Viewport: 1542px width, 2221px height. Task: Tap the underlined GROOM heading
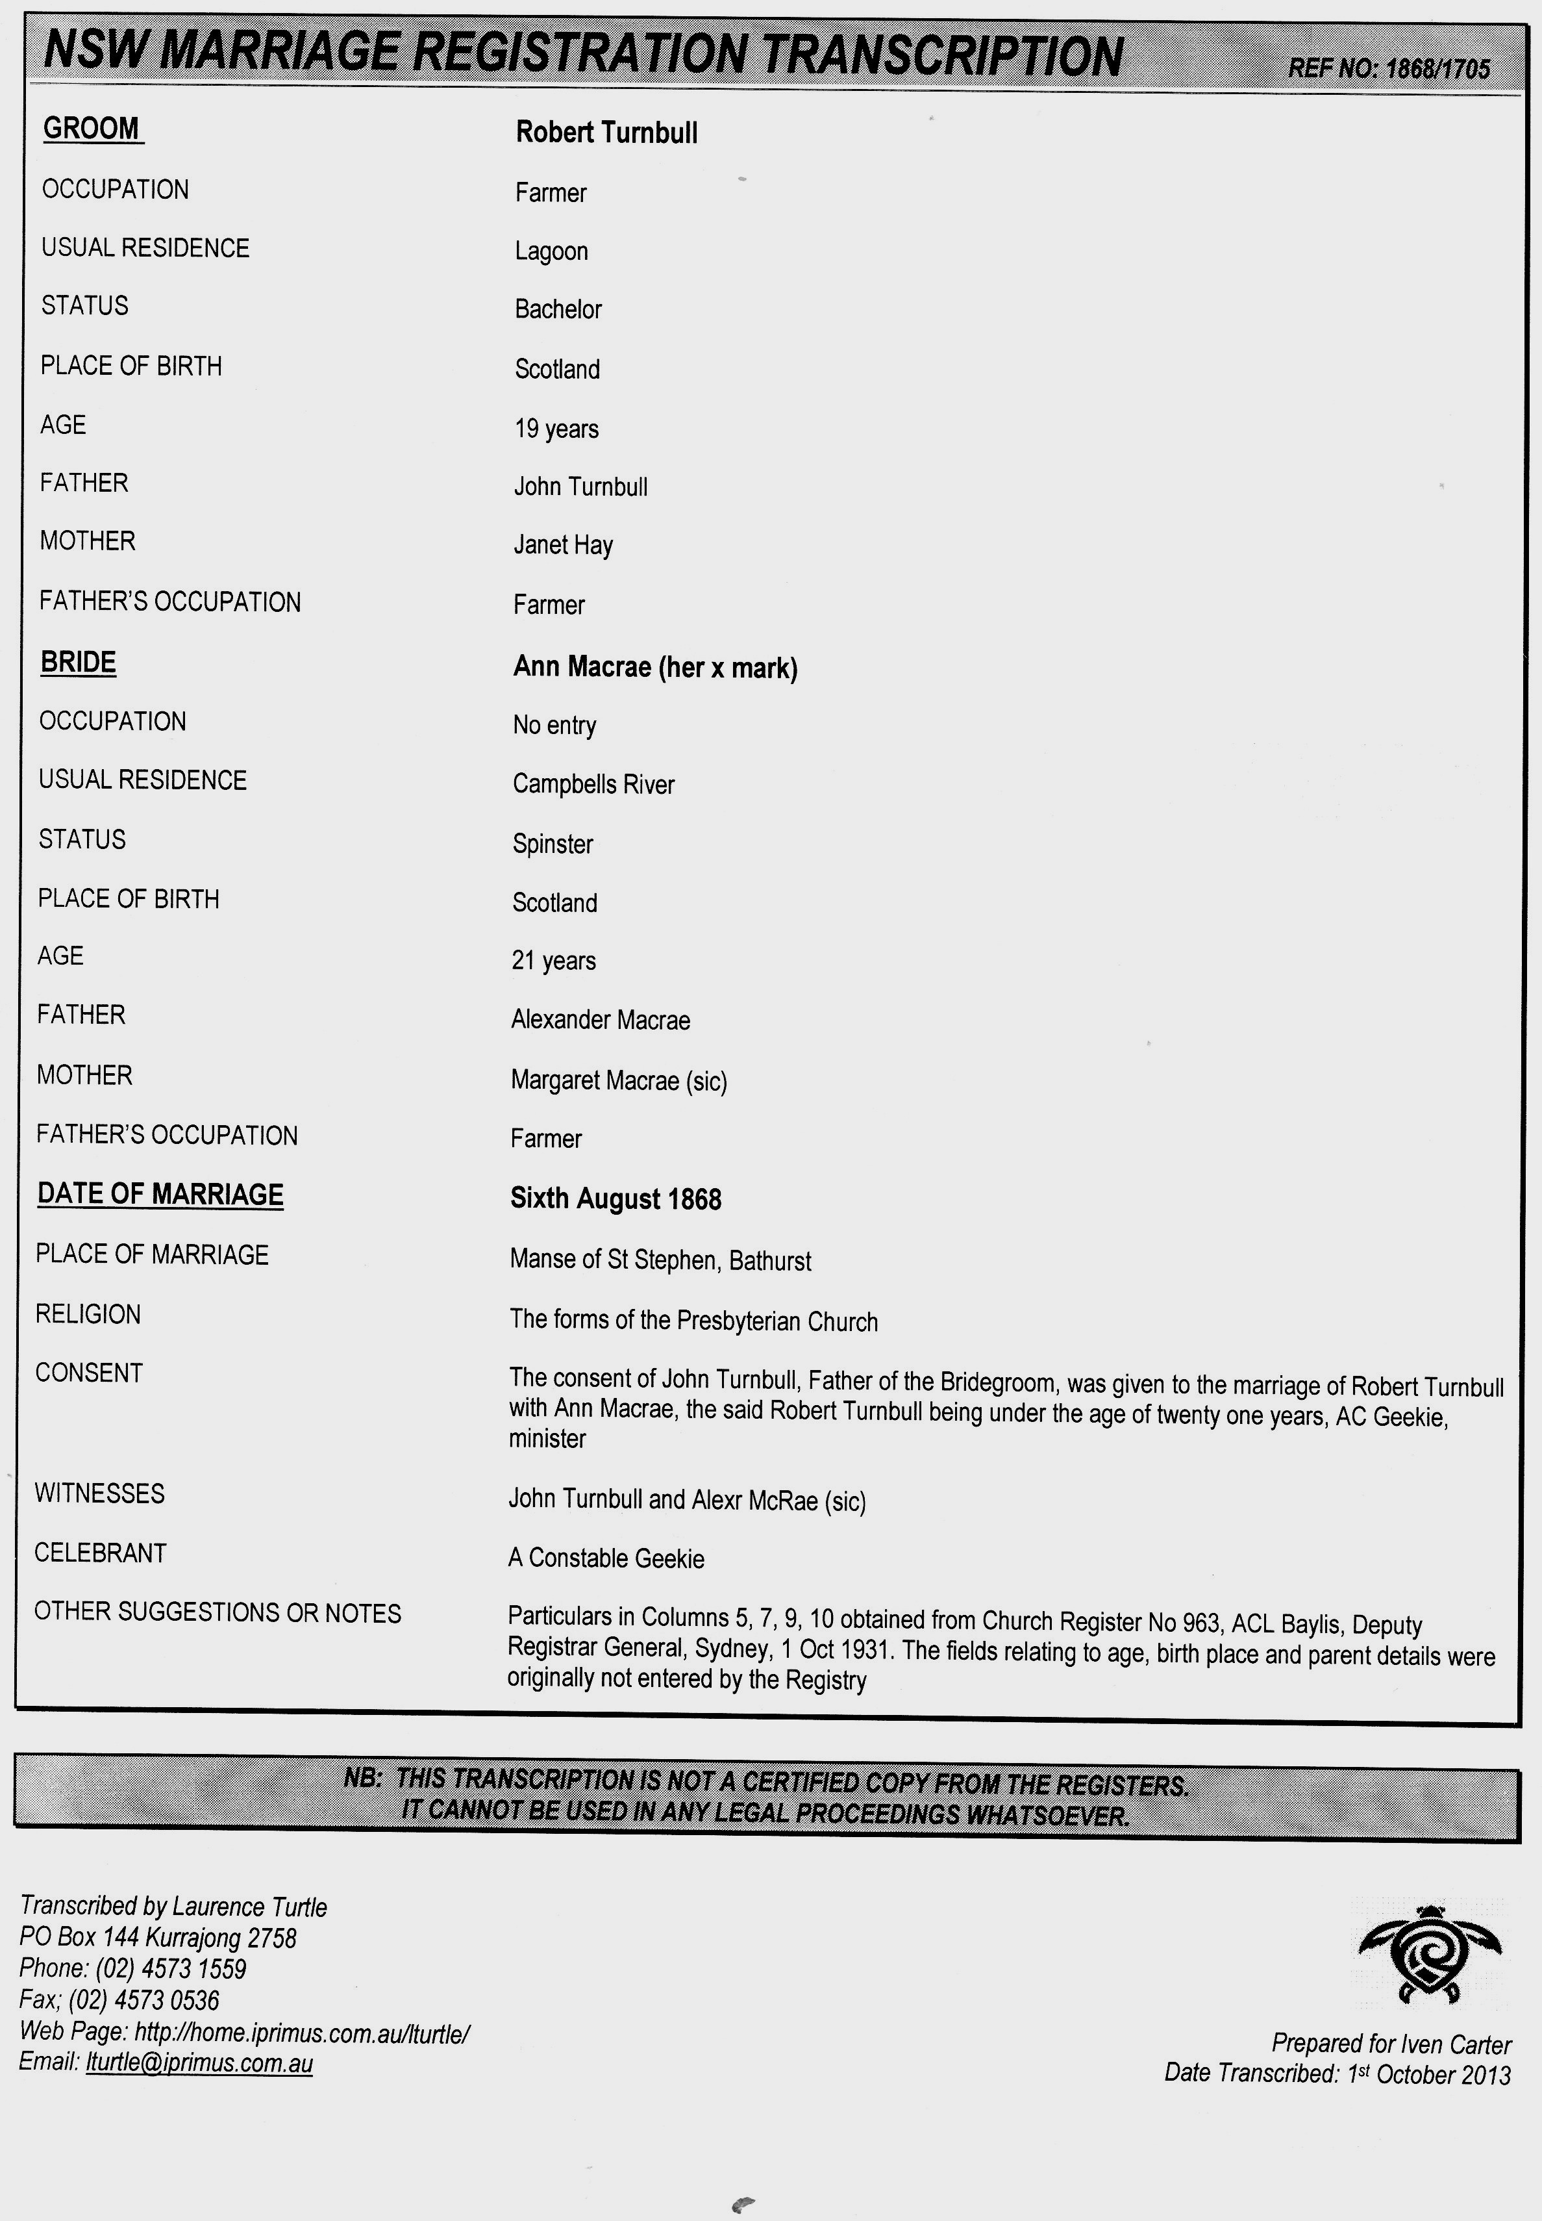click(93, 129)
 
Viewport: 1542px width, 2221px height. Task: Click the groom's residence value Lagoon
click(551, 251)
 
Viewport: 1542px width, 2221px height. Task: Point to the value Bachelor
click(558, 309)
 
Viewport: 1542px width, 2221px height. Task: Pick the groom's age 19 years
click(556, 428)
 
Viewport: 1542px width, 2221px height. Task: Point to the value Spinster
click(552, 844)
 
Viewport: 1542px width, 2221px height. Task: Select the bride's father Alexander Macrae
click(600, 1020)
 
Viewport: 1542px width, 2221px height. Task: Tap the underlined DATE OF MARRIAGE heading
click(160, 1195)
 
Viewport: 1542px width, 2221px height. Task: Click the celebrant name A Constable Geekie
click(606, 1558)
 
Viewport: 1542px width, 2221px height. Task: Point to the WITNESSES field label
click(99, 1493)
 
